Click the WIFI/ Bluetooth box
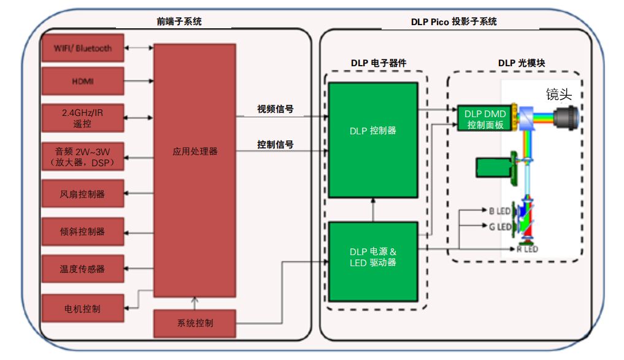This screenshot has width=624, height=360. coord(82,48)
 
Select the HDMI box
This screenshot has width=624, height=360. coord(82,81)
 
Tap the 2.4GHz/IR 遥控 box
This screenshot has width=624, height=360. coord(82,118)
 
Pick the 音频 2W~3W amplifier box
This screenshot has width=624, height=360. coord(82,156)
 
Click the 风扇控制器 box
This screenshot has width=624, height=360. coord(82,194)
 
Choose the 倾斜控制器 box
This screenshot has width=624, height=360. coord(82,232)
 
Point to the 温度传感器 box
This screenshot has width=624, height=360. coord(82,269)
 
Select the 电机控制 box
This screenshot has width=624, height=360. coord(82,308)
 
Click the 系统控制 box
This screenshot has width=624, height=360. coord(195,323)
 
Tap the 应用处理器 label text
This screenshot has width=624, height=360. coord(195,151)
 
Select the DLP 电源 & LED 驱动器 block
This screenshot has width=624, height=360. coord(372,257)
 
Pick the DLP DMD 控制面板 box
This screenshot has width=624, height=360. coord(485,118)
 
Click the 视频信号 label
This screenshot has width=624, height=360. coord(275,110)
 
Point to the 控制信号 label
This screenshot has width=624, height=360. coord(275,145)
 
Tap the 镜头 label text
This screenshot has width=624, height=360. coord(559,94)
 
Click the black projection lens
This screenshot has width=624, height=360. coord(565,117)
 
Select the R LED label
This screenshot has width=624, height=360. coord(527,250)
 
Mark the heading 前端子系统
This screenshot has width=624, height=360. coord(179,21)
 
